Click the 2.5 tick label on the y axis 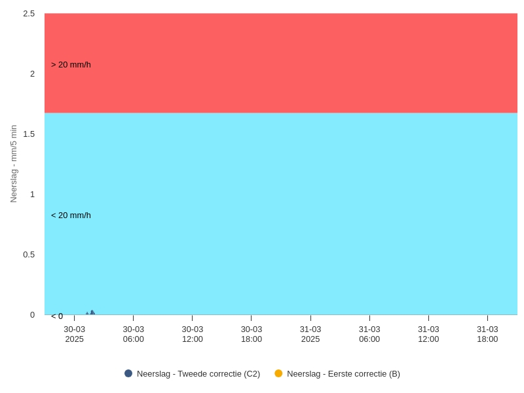click(29, 14)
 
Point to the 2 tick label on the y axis click(32, 74)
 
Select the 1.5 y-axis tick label click(29, 134)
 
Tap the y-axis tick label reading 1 click(32, 195)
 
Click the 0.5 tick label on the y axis click(29, 255)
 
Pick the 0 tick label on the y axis click(32, 315)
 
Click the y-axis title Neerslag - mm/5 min click(14, 164)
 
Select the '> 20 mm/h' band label click(71, 65)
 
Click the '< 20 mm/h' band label click(71, 215)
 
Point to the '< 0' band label click(57, 316)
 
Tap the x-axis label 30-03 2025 click(74, 334)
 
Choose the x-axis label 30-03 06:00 click(134, 334)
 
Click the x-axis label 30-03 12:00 click(193, 334)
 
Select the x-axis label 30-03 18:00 click(252, 334)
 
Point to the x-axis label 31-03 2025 click(310, 334)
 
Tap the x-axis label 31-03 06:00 click(369, 334)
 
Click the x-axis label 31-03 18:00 click(487, 334)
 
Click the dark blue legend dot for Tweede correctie click(128, 373)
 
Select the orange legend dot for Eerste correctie click(278, 373)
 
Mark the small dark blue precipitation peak click(92, 313)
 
